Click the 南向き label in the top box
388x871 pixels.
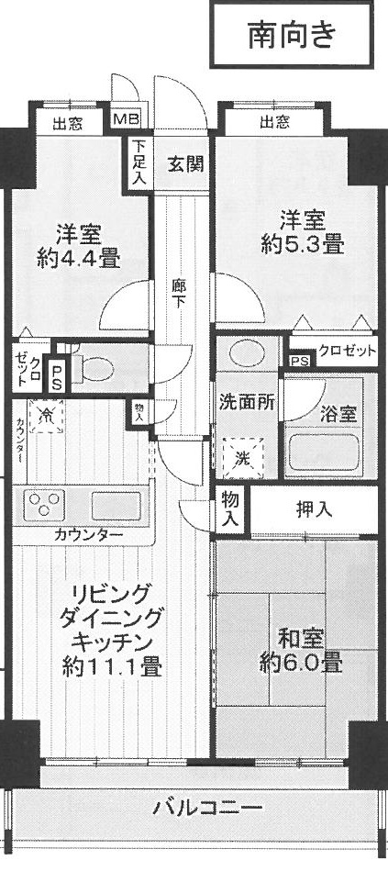point(292,35)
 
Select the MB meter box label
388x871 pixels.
point(127,119)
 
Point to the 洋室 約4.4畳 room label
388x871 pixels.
point(78,246)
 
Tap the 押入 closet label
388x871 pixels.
point(314,510)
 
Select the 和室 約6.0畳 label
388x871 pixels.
point(300,652)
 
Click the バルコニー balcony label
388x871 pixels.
point(207,807)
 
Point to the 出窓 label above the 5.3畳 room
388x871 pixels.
point(273,121)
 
